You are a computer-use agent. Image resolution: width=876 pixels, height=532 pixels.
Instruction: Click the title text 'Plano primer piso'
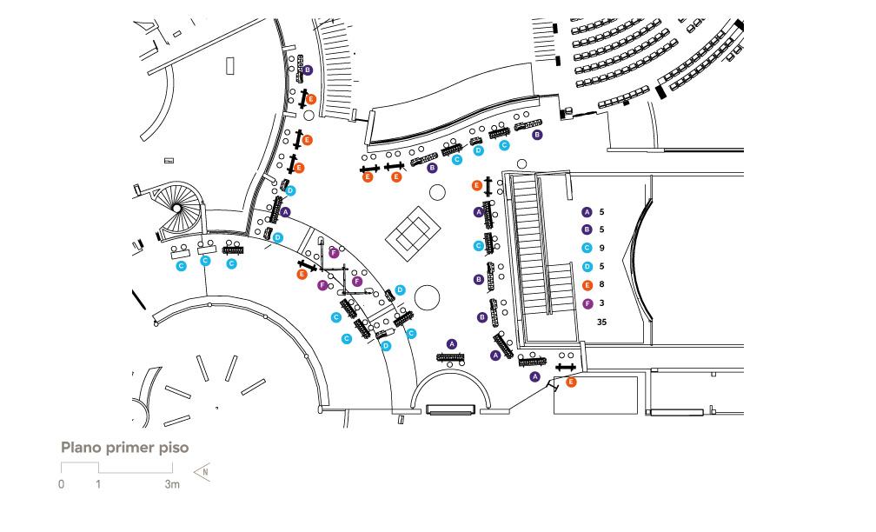click(124, 448)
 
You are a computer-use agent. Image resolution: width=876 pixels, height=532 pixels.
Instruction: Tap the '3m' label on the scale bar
click(172, 484)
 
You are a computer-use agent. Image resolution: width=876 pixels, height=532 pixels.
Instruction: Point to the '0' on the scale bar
click(62, 484)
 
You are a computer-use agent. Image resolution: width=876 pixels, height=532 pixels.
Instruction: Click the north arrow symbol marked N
click(202, 472)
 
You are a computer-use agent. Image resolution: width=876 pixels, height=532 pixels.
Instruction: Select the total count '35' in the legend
click(601, 322)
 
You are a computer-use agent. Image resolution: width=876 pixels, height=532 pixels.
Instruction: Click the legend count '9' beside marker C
click(601, 248)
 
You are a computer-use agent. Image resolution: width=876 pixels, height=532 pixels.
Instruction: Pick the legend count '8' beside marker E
click(601, 284)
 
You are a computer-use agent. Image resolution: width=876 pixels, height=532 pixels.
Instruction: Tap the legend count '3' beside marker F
click(601, 303)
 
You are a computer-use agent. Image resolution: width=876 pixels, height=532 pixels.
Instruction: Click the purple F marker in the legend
click(587, 304)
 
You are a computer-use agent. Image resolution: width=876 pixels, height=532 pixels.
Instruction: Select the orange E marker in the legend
click(587, 285)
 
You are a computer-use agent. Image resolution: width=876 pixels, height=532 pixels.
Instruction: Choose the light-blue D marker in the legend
click(587, 267)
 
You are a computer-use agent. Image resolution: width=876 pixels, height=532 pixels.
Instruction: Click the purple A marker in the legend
click(587, 212)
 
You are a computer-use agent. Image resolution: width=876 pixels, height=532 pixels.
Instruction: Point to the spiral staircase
click(176, 209)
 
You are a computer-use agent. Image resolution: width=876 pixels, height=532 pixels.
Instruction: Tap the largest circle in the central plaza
click(428, 298)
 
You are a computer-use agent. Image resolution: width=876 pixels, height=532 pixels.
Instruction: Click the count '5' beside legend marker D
click(601, 267)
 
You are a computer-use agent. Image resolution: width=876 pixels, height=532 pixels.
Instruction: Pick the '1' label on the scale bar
click(98, 484)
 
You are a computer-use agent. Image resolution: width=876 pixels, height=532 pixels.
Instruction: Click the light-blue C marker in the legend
click(587, 248)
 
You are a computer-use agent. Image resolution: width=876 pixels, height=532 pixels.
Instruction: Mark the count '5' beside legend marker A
click(601, 212)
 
